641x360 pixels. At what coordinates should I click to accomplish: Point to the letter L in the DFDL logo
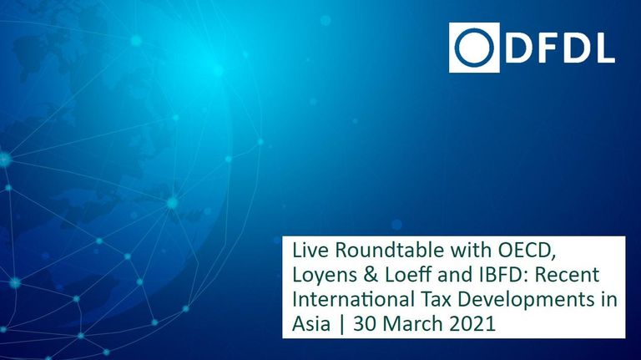pos(605,48)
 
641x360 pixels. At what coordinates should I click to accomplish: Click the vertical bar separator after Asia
pos(341,325)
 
